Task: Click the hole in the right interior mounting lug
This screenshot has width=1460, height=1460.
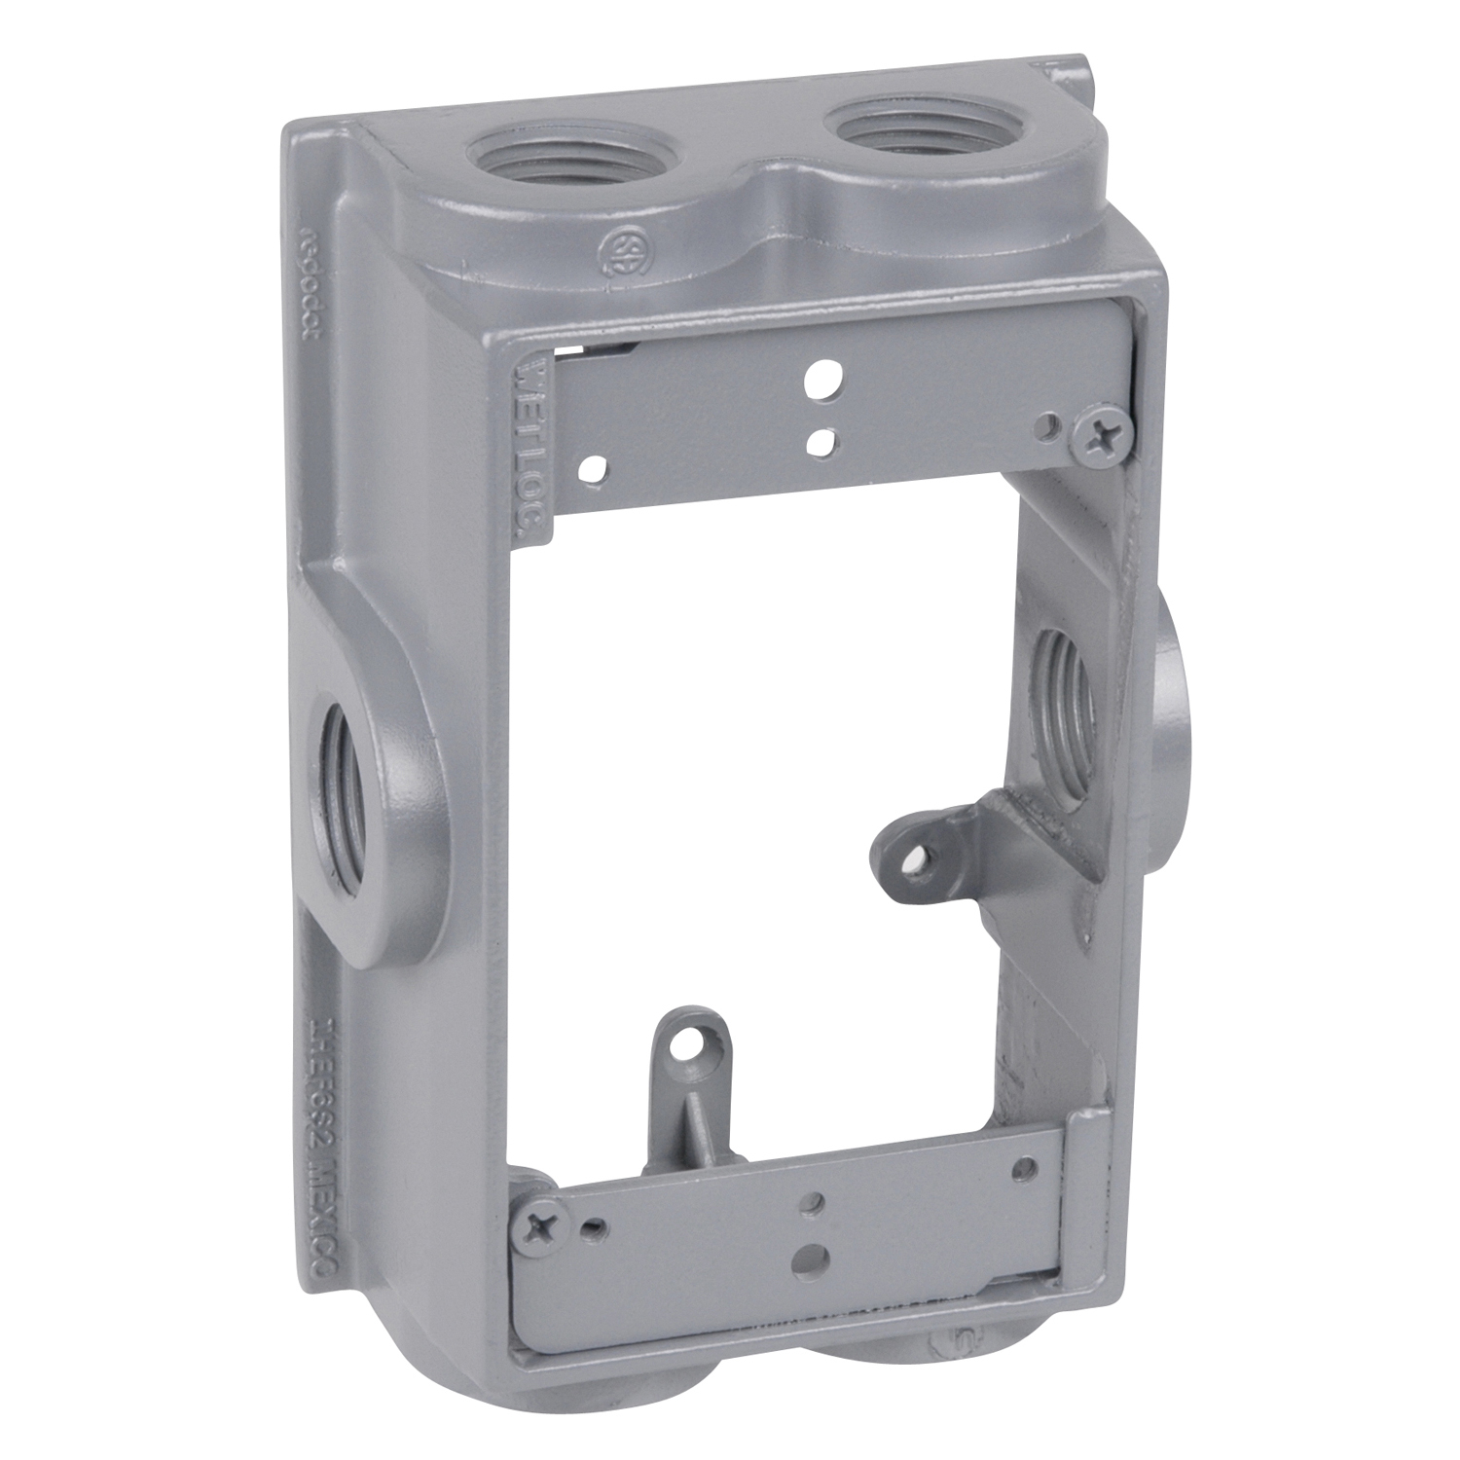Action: pyautogui.click(x=915, y=857)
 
